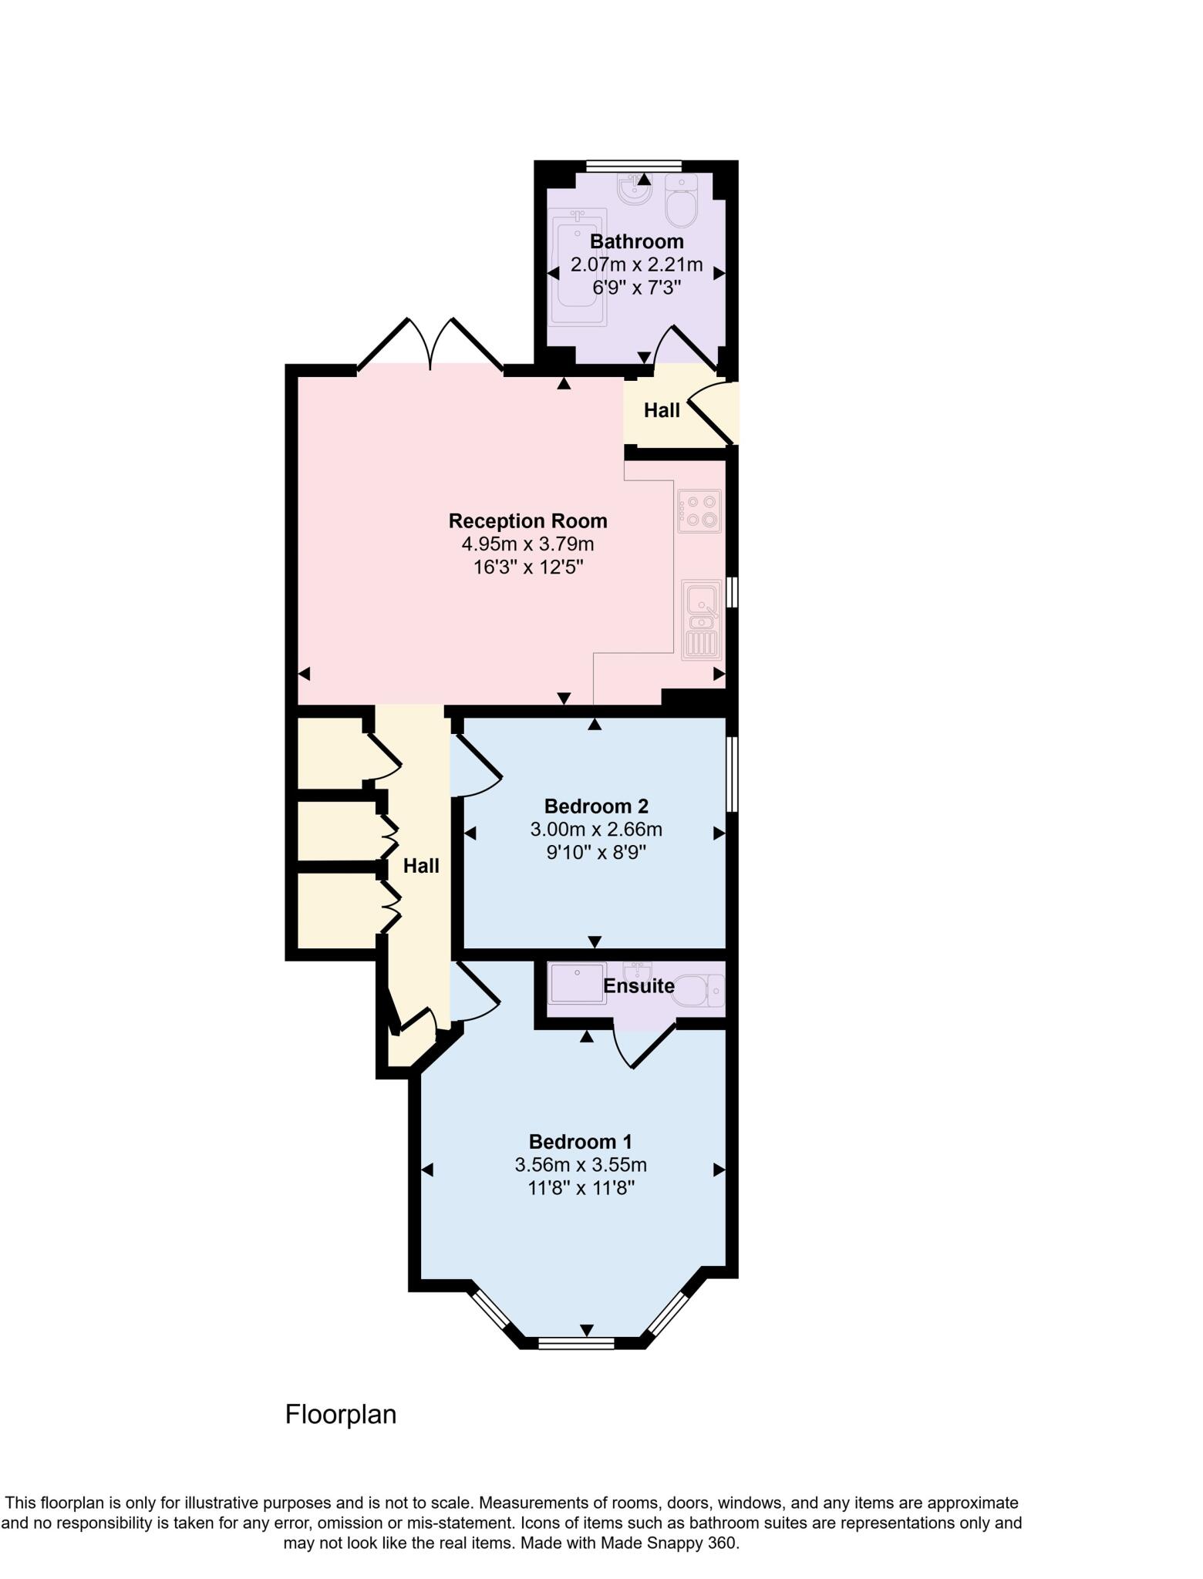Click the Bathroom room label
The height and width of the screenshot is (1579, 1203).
(x=636, y=241)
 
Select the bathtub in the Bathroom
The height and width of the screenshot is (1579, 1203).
(x=578, y=267)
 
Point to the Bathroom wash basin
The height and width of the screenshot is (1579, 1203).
(x=634, y=190)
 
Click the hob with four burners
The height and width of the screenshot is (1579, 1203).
(x=700, y=510)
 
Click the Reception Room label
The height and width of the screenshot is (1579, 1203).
(x=527, y=521)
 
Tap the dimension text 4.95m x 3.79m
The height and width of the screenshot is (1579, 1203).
(x=527, y=544)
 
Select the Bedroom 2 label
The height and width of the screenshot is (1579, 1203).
(x=596, y=806)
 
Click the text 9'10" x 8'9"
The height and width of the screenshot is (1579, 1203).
(x=596, y=853)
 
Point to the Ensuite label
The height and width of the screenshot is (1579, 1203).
(x=639, y=986)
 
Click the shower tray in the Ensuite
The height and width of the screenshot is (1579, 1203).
(x=578, y=982)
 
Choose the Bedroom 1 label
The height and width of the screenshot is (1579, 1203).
(x=581, y=1142)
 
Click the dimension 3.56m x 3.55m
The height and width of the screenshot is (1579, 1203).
(x=581, y=1165)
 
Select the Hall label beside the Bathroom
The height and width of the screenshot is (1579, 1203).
(x=662, y=411)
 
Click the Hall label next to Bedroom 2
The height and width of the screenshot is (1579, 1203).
(x=421, y=866)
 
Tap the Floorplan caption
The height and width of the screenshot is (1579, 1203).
(x=341, y=1415)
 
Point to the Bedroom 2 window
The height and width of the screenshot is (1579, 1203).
(x=733, y=774)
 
